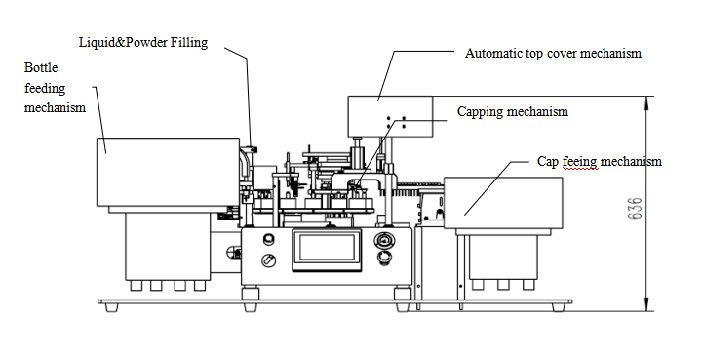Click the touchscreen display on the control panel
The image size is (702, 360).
pyautogui.click(x=327, y=250)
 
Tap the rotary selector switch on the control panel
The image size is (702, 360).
pyautogui.click(x=268, y=260)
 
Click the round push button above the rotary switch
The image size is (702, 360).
pyautogui.click(x=269, y=239)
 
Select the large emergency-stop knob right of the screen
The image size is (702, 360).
pyautogui.click(x=384, y=241)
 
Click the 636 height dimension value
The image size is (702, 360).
pyautogui.click(x=635, y=208)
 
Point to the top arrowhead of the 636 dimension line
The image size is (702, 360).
pyautogui.click(x=646, y=101)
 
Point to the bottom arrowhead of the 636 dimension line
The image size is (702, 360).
pyautogui.click(x=646, y=305)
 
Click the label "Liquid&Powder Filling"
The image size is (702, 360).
pyautogui.click(x=143, y=43)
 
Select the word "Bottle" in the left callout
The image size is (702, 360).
pyautogui.click(x=41, y=67)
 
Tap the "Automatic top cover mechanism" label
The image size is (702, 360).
pyautogui.click(x=554, y=54)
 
